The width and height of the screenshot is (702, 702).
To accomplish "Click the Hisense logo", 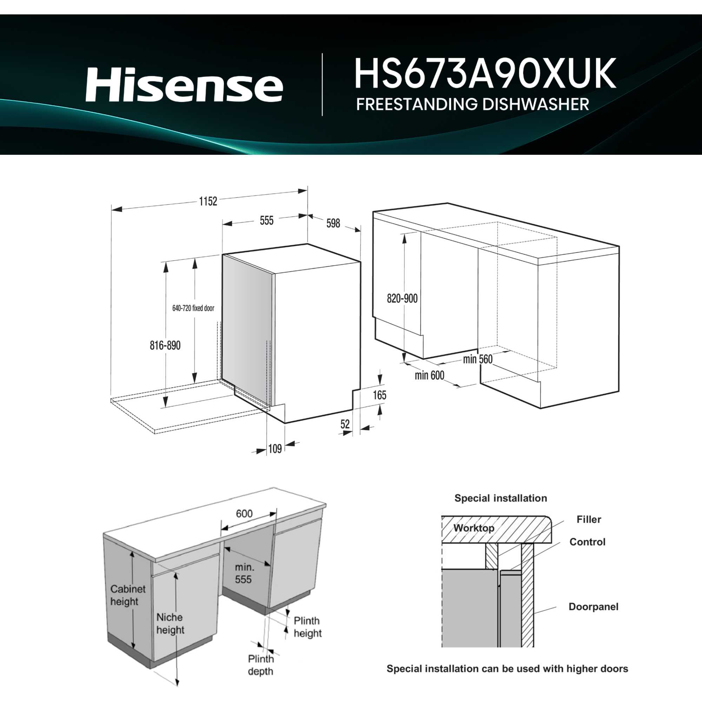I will point(184,85).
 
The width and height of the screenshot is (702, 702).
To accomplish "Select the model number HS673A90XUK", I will point(485,73).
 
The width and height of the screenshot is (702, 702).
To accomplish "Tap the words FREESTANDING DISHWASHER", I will point(472,104).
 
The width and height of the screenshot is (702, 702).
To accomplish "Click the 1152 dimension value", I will point(208,201).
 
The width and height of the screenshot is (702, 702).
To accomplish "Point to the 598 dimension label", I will point(333,223).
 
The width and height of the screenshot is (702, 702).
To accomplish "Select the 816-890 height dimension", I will point(165,345).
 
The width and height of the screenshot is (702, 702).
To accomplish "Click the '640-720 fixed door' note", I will point(193,308).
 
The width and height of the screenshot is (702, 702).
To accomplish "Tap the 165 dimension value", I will point(379,395).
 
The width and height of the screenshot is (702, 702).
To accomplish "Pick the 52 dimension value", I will point(345,424).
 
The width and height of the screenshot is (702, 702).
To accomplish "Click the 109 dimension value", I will point(275,449).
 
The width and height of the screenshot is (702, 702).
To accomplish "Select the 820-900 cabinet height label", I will point(402,298).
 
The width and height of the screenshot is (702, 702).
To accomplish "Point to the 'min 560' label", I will point(477,359).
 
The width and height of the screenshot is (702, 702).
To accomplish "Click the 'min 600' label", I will point(429,375).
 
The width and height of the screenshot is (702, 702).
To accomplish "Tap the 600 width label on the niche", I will point(244,514).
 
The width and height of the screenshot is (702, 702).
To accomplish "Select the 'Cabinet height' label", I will point(127,595).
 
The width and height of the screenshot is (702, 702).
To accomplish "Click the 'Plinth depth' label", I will point(260,664).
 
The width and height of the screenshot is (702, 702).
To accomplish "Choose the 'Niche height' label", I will point(170,623).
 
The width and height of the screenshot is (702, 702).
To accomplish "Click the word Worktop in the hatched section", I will point(473,528).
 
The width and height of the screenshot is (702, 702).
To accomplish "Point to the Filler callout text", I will point(588,519).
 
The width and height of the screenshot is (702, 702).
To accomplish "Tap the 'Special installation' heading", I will point(500,498).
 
